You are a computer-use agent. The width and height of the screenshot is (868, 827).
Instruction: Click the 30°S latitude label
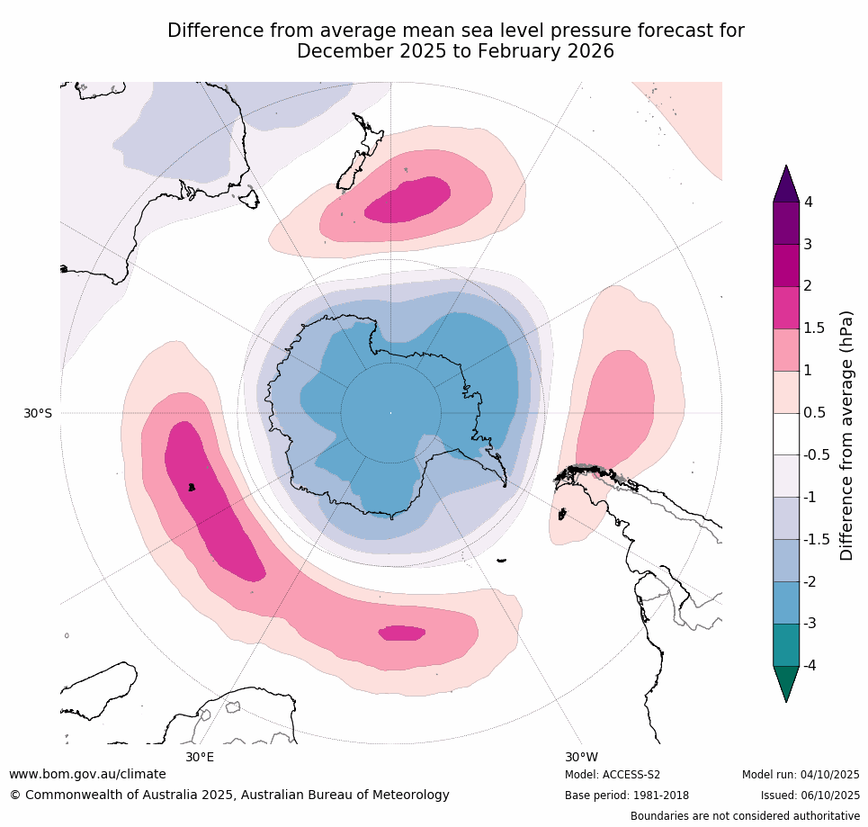point(37,413)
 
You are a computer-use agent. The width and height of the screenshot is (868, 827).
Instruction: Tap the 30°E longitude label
point(200,757)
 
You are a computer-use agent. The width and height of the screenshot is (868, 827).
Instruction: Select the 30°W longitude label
point(581,757)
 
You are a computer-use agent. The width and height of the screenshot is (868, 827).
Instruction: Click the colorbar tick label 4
point(808,202)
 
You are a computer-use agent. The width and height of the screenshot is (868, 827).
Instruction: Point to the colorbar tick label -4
point(809,665)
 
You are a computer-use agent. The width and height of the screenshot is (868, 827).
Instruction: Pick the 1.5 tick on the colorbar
point(813,328)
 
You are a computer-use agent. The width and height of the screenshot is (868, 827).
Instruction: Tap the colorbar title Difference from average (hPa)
point(846,436)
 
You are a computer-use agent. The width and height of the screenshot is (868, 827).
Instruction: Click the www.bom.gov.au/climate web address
point(87,774)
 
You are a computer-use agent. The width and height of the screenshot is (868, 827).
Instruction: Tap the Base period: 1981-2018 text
point(627,796)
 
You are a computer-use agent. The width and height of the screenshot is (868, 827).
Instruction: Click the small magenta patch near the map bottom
point(402,633)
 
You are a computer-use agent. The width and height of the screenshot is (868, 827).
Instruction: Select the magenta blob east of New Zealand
point(409,201)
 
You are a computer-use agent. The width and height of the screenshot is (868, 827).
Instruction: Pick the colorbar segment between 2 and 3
point(786,265)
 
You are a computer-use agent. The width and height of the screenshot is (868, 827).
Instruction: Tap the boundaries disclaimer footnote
point(745,816)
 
